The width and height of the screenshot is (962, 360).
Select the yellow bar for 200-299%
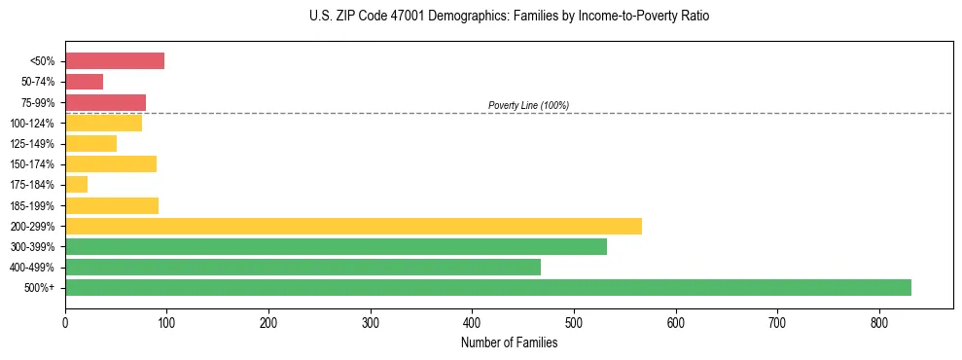(x=353, y=226)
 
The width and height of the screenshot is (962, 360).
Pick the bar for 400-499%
(x=303, y=267)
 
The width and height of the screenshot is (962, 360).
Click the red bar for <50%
(x=115, y=61)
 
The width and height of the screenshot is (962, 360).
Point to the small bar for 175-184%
(x=77, y=185)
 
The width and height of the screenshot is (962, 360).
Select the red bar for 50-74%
(x=85, y=82)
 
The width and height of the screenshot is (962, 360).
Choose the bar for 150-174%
(x=111, y=163)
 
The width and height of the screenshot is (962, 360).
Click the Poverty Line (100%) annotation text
(x=528, y=105)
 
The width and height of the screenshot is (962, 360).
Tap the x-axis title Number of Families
(x=509, y=342)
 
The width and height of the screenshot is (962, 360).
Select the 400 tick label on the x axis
(x=472, y=323)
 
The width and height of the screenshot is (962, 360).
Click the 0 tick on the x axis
(x=65, y=323)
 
